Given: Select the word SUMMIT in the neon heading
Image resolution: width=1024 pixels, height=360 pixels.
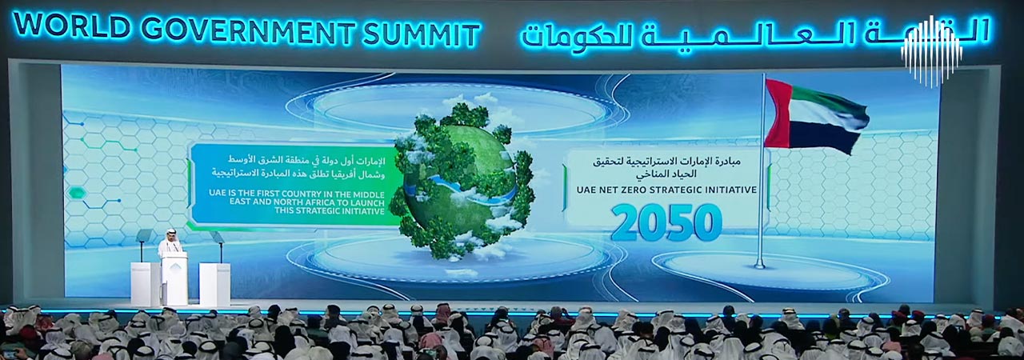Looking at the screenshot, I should (421, 34).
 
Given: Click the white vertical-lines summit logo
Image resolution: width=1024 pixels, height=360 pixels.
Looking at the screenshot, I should (931, 50).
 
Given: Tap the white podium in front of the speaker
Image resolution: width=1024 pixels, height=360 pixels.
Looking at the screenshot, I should (174, 278).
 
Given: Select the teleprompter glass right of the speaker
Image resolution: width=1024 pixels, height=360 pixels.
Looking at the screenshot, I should (218, 237).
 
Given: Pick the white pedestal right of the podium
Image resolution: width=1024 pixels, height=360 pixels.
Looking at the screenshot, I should (214, 283).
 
